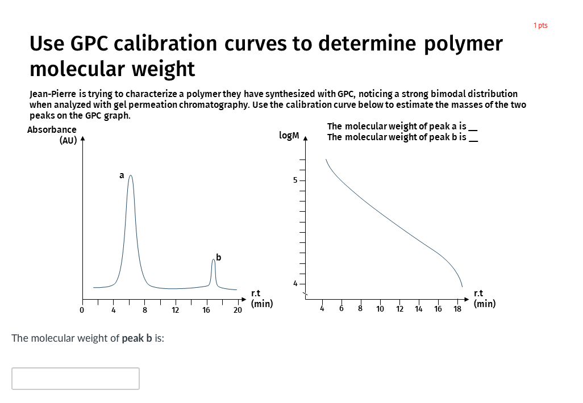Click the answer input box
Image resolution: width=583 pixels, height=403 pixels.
76,379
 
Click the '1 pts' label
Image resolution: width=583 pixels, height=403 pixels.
540,26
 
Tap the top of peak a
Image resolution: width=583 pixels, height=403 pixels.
131,176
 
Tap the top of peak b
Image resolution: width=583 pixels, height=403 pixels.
214,259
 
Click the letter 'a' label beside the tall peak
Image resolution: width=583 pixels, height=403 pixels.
121,175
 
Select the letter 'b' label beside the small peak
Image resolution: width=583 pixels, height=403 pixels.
219,257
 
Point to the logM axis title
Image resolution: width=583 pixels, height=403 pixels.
289,135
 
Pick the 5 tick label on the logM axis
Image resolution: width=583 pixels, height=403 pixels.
295,180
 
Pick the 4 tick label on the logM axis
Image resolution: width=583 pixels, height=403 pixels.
295,283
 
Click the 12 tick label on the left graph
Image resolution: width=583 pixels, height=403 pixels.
175,310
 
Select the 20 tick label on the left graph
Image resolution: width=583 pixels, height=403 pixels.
238,310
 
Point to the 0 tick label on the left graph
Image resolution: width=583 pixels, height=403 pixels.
82,310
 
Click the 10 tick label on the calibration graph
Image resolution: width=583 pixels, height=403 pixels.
380,309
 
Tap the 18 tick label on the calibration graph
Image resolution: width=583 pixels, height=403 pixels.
457,309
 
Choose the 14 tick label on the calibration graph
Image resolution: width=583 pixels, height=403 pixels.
419,309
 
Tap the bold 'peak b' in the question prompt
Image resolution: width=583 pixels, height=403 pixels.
137,338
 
